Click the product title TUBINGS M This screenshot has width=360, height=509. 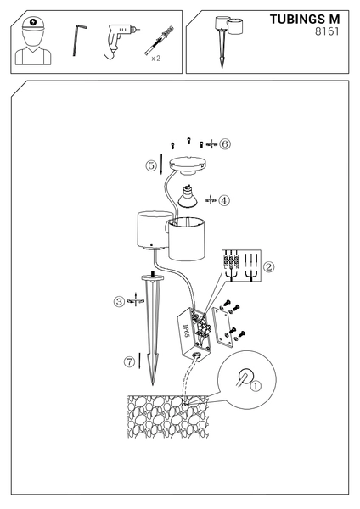(305, 20)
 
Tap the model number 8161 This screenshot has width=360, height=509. (327, 31)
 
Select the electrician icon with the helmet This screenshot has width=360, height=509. (33, 41)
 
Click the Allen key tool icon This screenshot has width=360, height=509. (79, 40)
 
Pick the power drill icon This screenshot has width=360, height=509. (121, 41)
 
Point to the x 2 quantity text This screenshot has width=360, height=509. (156, 59)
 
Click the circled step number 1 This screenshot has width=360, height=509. (256, 386)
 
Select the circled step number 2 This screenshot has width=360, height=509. (268, 267)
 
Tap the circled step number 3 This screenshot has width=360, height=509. (119, 301)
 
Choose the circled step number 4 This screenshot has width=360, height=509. (223, 200)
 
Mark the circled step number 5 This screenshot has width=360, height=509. (151, 166)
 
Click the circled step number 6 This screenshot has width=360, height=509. (224, 144)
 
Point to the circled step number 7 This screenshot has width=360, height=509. (129, 361)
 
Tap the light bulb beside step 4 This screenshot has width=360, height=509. (188, 197)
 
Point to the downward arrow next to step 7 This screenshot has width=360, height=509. (140, 361)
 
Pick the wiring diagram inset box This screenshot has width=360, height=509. (241, 266)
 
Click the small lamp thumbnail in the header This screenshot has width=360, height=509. (228, 42)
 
